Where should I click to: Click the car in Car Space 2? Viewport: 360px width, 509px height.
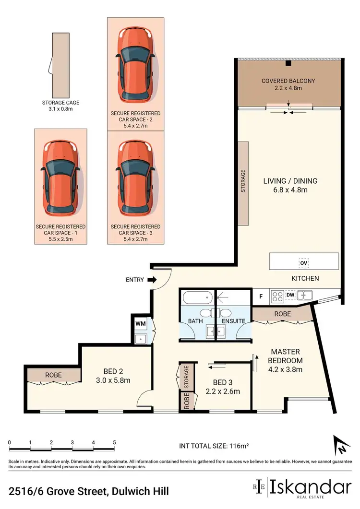point(135,62)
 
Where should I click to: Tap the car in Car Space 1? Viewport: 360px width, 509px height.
point(60,178)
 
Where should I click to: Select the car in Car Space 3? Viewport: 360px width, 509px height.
point(135,178)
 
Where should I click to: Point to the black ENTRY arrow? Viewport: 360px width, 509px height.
point(153,279)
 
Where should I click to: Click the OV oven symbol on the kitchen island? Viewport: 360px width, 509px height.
point(303,263)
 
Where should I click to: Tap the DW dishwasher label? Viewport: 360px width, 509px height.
point(290,296)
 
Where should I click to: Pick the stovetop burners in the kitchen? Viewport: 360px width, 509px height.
point(277,296)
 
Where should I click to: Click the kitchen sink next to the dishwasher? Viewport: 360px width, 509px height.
point(305,296)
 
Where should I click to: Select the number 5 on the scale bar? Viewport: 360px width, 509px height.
point(114,442)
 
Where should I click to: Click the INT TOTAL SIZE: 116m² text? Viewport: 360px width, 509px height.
point(214,446)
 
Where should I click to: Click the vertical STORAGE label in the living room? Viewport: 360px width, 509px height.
point(243,181)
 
